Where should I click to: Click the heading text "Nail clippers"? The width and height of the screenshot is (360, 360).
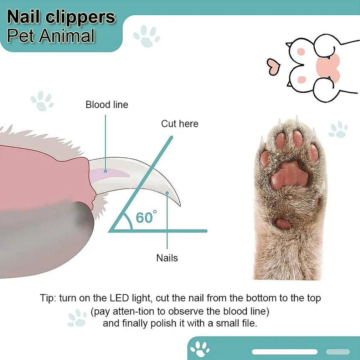tap(61, 17)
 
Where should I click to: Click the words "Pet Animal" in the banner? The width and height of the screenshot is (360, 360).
tap(51, 36)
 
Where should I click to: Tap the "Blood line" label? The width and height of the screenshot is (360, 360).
tap(107, 105)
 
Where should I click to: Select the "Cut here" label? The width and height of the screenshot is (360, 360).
tap(180, 124)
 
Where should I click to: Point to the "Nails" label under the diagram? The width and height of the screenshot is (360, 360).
tap(167, 258)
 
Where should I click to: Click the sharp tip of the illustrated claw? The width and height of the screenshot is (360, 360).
tap(180, 205)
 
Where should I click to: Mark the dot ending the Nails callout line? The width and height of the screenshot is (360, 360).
tap(167, 193)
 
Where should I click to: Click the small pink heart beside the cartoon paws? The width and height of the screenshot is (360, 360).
tap(273, 66)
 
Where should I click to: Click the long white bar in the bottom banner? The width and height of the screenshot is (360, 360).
tap(285, 352)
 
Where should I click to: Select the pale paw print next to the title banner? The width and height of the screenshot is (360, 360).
tap(146, 36)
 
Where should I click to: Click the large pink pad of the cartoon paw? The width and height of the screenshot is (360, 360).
tap(328, 67)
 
